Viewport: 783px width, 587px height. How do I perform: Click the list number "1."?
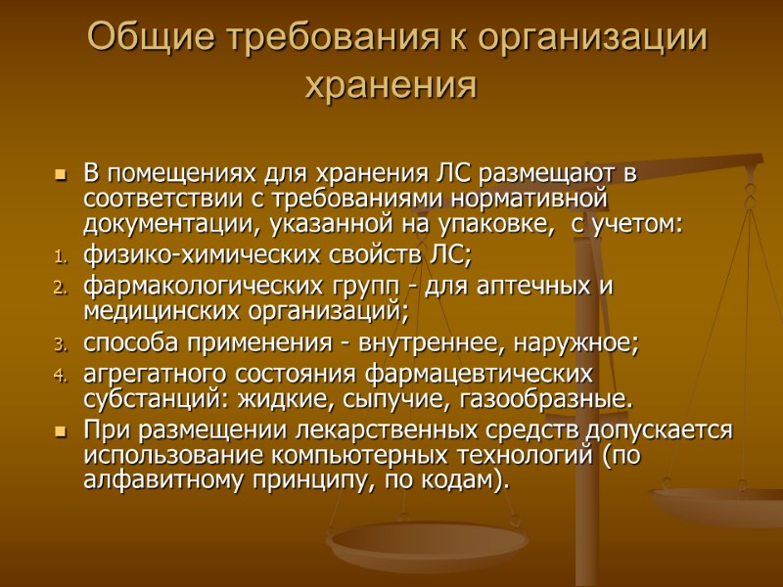[x=59, y=259]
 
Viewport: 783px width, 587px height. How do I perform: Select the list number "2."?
[x=59, y=290]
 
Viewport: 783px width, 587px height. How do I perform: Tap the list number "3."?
[x=59, y=344]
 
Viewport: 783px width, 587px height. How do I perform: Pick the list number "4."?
[x=59, y=375]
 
